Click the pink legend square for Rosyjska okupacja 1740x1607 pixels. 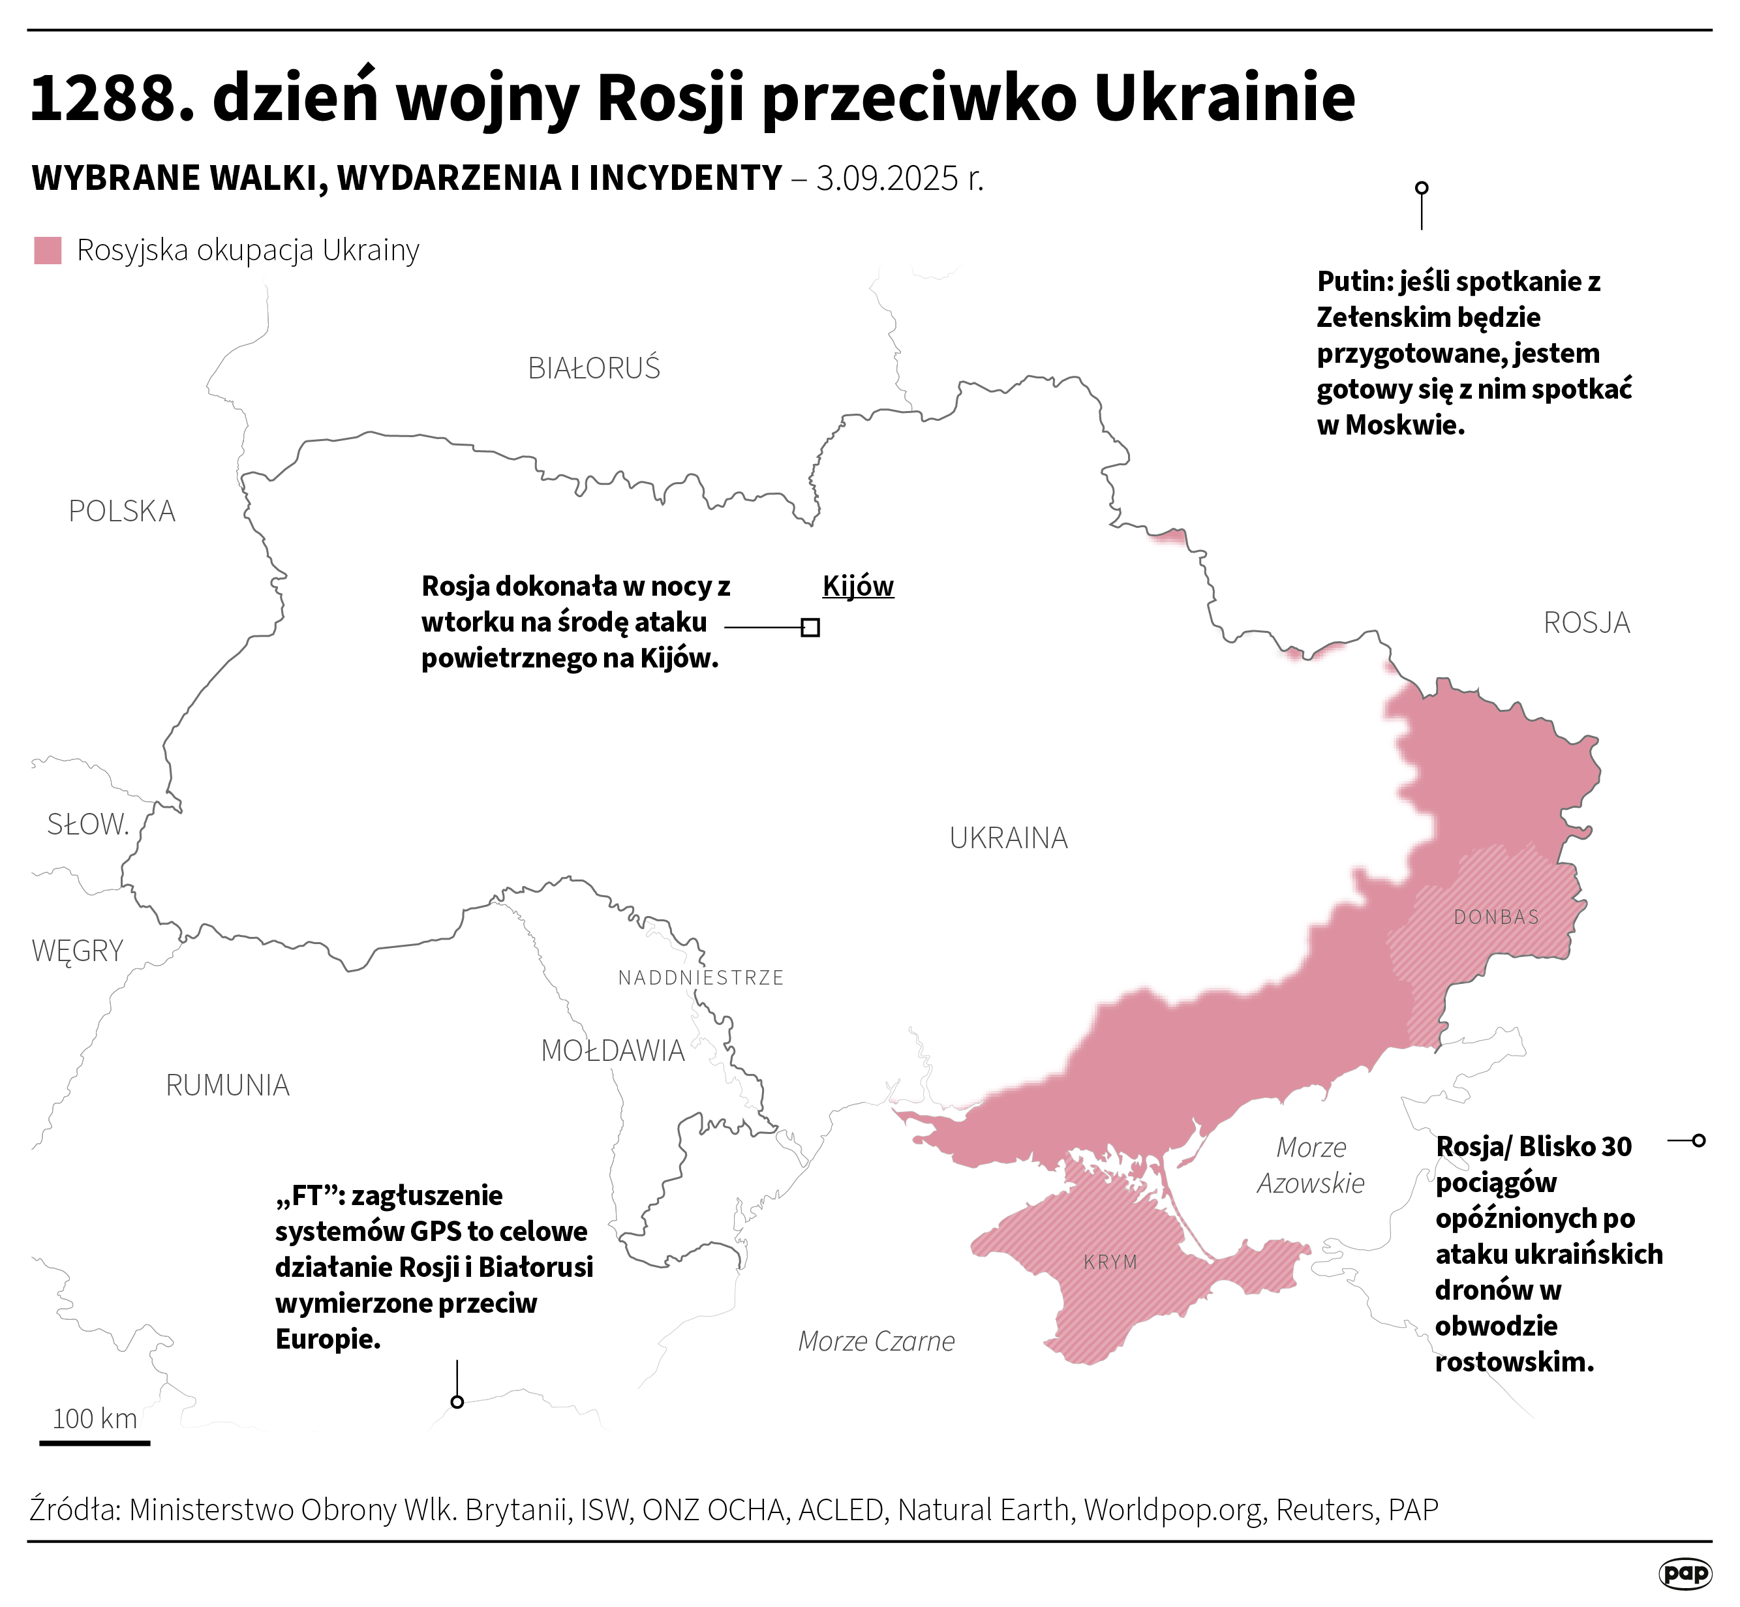(x=48, y=251)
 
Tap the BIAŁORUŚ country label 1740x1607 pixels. (x=594, y=369)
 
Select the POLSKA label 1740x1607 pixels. (x=122, y=512)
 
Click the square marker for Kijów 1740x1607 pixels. (x=810, y=627)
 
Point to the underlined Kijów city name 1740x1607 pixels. (x=857, y=586)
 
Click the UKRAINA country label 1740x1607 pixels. (x=1008, y=838)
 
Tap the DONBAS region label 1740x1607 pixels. (x=1495, y=917)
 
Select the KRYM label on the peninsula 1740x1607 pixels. (x=1110, y=1262)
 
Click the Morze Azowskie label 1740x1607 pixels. (x=1311, y=1165)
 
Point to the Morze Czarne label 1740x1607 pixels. (x=876, y=1341)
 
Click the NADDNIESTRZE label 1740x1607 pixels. (x=701, y=977)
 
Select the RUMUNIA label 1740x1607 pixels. (x=227, y=1085)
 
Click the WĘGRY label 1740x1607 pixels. (x=78, y=951)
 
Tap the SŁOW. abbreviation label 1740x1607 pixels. (x=88, y=824)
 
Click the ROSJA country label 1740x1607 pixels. (x=1586, y=622)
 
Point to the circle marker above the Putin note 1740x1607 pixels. (x=1422, y=188)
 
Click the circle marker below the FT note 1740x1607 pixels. (x=457, y=1401)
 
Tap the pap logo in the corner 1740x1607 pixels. (x=1685, y=1572)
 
